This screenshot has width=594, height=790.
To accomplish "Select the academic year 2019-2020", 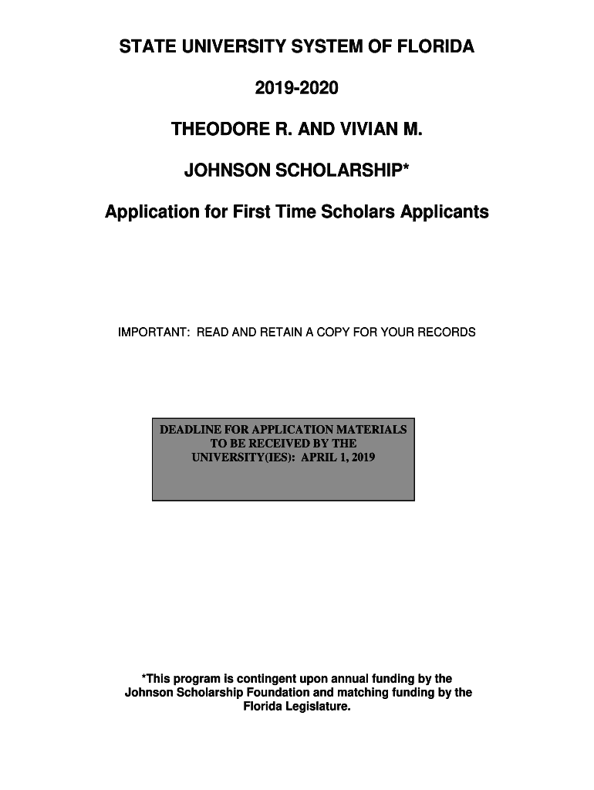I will (297, 89).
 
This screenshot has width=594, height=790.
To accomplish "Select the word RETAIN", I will (281, 333).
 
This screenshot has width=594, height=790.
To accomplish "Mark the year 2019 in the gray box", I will (360, 458).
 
